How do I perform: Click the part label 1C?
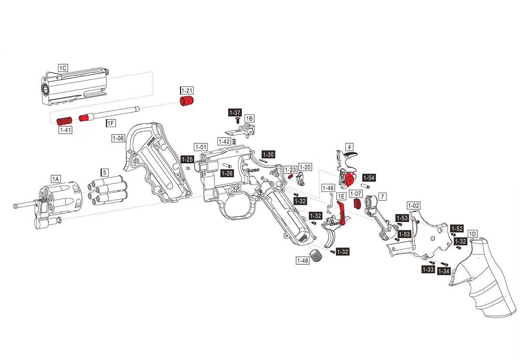point(63,68)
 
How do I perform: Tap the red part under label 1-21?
point(187,102)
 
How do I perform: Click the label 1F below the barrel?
point(111,124)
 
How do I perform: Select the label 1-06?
point(119,138)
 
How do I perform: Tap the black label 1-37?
point(235,112)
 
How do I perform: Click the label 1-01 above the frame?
point(201,147)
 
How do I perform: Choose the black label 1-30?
point(268,154)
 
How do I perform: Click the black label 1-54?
point(369,178)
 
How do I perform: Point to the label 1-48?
point(303,261)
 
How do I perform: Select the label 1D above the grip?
point(472,233)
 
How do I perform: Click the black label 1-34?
point(444,271)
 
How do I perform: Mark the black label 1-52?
point(457,228)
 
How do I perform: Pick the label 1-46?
point(328,188)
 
